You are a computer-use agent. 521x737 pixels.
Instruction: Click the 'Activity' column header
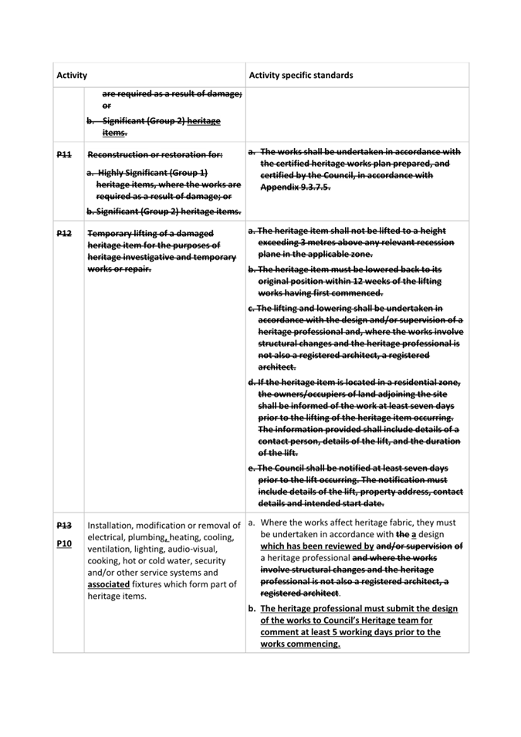tap(71, 76)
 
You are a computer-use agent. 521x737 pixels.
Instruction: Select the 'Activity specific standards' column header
tap(302, 76)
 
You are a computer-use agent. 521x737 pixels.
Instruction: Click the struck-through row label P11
tap(64, 154)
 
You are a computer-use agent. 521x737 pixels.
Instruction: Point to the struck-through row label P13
tap(64, 525)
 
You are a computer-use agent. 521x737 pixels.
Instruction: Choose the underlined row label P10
tap(64, 544)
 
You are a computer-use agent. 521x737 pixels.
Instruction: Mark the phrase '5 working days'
tap(354, 631)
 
